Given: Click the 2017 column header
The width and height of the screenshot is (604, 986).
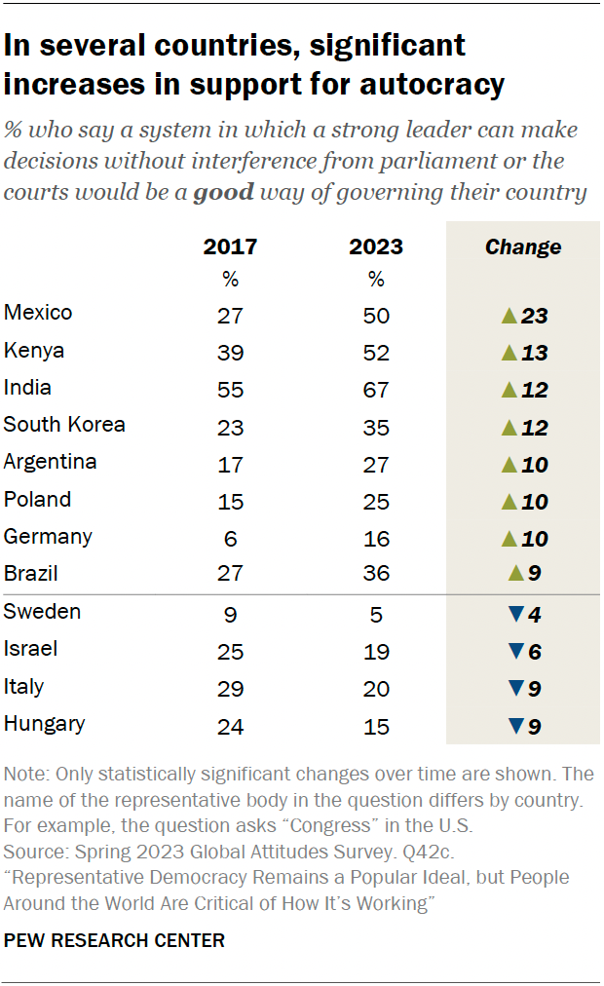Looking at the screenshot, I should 230,246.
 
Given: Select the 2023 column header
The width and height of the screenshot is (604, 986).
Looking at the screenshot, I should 376,246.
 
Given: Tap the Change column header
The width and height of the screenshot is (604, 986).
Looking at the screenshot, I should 523,246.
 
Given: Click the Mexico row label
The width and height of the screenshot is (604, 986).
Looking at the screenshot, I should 38,313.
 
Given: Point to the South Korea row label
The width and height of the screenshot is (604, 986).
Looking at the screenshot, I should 64,425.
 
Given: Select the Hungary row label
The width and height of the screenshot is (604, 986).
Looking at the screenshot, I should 44,724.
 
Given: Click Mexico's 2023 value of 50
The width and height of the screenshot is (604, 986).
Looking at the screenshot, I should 376,316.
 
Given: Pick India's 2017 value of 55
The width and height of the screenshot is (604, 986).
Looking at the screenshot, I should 230,391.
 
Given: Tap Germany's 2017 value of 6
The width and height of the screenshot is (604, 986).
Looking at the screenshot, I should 230,540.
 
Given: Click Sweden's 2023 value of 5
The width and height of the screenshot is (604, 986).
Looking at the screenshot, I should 376,615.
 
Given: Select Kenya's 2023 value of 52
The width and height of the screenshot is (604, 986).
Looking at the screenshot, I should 376,353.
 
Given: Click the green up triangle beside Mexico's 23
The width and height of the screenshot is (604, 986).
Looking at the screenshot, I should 507,316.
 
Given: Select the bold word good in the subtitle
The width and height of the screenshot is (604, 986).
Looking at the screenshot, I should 223,192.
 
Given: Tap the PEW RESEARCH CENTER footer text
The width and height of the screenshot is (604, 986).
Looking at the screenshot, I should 114,940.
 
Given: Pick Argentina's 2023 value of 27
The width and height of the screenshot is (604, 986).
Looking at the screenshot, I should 376,465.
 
